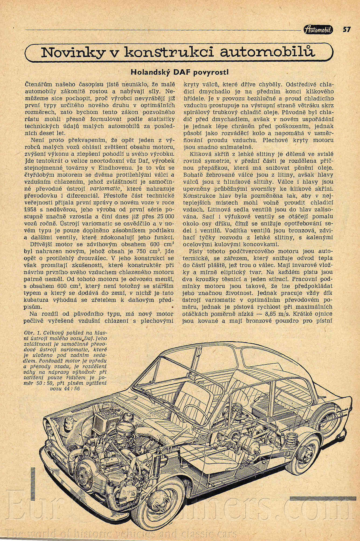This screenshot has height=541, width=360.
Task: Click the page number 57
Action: point(347,29)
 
